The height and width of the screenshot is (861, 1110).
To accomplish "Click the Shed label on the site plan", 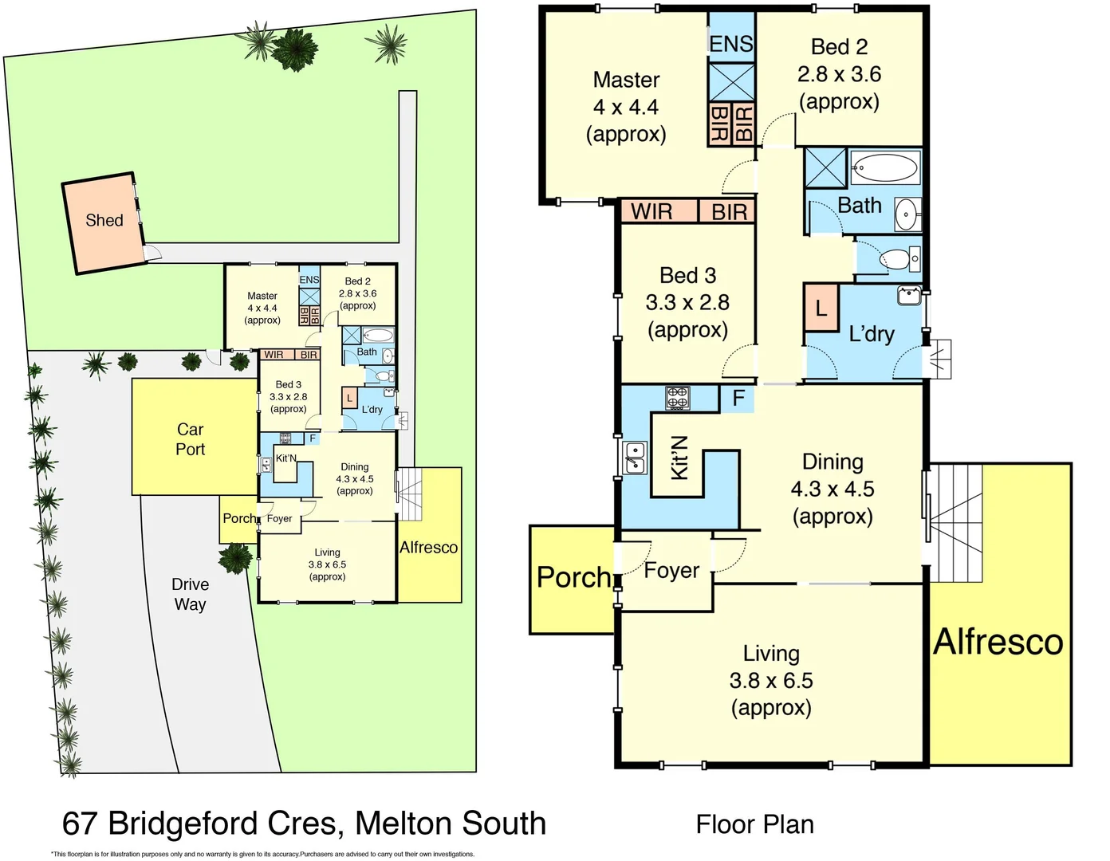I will pos(104,221).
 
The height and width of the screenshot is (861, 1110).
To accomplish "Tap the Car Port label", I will pos(190,439).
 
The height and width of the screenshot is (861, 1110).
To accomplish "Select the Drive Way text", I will pos(190,594).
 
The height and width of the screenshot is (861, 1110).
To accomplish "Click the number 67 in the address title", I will pos(81,824).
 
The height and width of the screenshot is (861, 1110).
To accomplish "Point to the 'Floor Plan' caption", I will pos(754,824).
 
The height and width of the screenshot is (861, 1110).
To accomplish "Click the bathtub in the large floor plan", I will pos(884,168).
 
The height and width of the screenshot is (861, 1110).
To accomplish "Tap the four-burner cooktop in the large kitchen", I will pos(677,398).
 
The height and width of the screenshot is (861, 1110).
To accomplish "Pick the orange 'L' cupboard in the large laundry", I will pos(821,308).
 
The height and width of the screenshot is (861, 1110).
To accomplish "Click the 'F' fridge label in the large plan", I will pos(738,398).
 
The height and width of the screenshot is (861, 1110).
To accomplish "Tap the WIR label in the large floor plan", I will pos(651,212).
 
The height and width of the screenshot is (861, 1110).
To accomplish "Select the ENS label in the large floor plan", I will pos(730,44).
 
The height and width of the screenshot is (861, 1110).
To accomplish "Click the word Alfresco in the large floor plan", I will pos(998,642).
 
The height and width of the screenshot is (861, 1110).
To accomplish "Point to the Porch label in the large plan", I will pos(573,577).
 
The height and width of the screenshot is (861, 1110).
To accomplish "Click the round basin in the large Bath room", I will pos(907,214).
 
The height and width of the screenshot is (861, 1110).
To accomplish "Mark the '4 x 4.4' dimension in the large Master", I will pos(626,107).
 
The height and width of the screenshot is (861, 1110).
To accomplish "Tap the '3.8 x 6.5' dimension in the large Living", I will pos(771,681).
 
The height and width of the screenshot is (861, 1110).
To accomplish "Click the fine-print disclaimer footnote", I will pos(263,854).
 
